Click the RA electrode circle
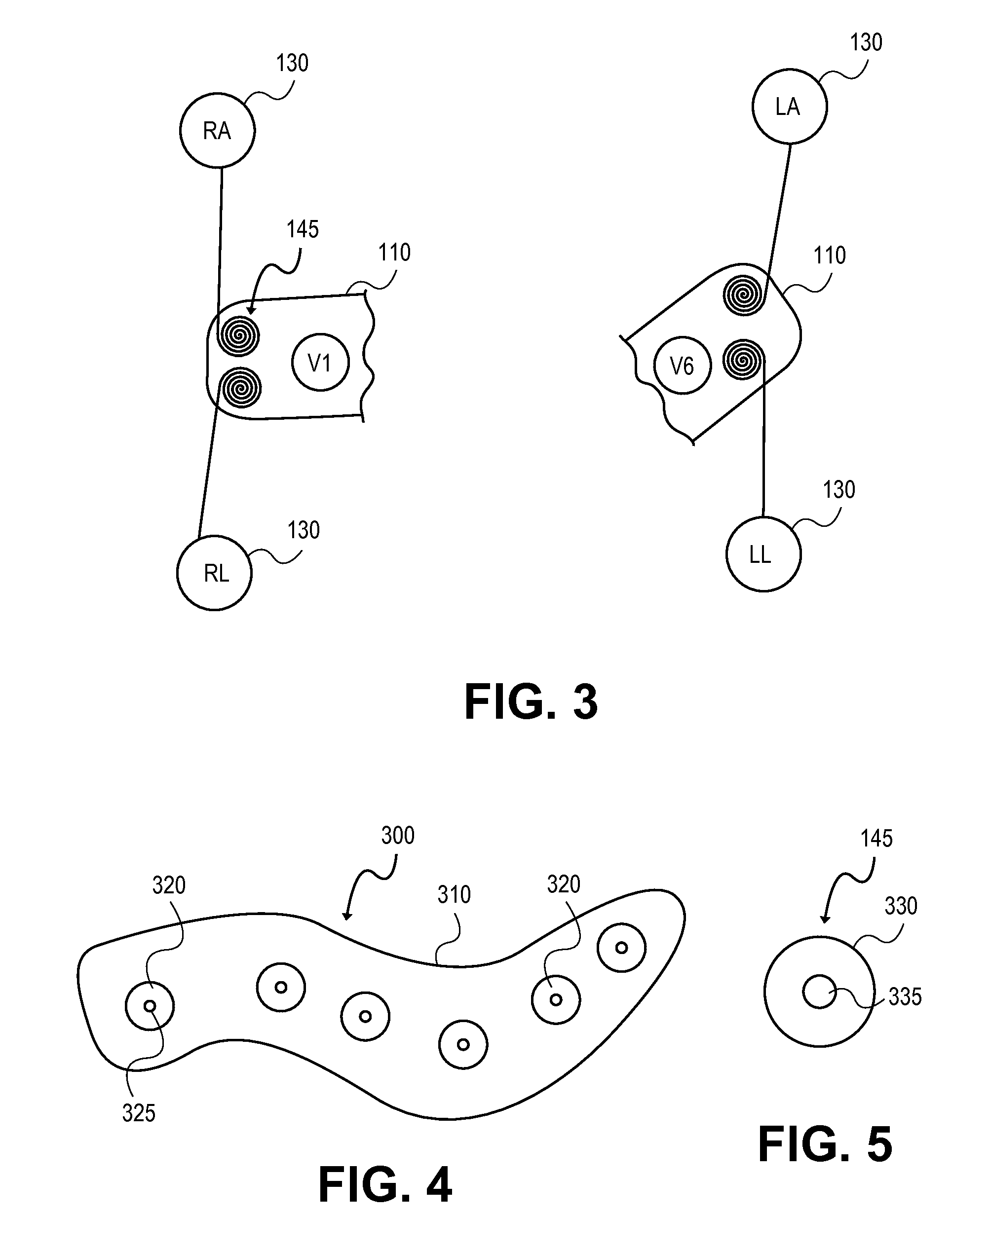coord(217,130)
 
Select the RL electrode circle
coord(215,572)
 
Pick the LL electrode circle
coord(763,554)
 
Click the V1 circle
coord(320,363)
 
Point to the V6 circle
coord(682,366)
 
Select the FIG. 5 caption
coord(825,1145)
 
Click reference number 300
coord(398,835)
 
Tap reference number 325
coord(139,1113)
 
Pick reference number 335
coord(904,997)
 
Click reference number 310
coord(454,895)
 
